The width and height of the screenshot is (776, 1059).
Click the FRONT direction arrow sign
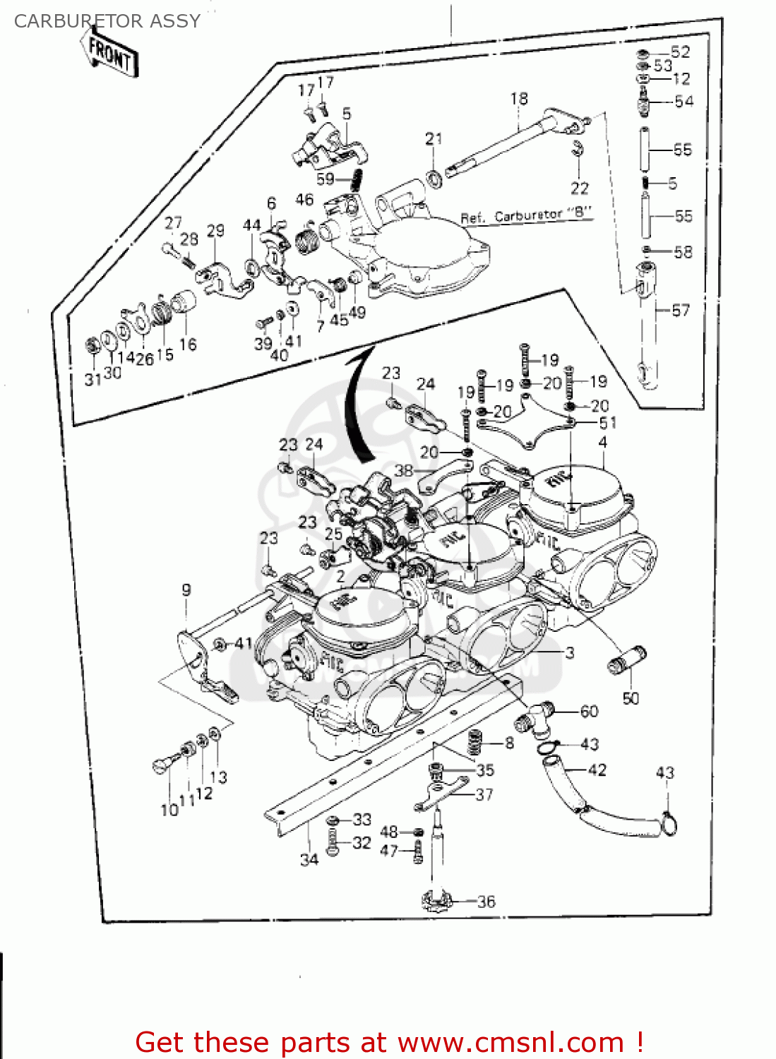coord(109,54)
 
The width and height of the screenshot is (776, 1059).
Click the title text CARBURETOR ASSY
coord(107,21)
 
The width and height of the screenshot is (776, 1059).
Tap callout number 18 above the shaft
coord(519,99)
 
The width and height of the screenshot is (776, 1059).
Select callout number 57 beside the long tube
coord(680,311)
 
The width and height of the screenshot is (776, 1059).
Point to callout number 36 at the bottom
coord(486,902)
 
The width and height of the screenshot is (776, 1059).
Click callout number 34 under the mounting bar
coord(309,859)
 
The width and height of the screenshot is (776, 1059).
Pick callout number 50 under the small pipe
coord(631,698)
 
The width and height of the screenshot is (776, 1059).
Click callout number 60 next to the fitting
coord(589,712)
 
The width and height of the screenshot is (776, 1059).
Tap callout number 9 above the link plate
coord(186,590)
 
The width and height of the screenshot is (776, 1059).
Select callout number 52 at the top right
coord(680,52)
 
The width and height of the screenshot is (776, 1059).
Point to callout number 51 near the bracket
coord(607,423)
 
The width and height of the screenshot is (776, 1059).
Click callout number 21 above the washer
coord(434,139)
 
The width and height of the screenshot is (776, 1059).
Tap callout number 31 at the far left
coord(93,379)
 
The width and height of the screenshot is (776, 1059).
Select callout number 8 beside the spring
coord(509,743)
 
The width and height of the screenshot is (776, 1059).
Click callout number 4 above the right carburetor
coord(602,443)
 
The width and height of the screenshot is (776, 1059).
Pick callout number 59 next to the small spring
coord(326,179)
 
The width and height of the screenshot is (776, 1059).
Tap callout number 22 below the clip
coord(579,188)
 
